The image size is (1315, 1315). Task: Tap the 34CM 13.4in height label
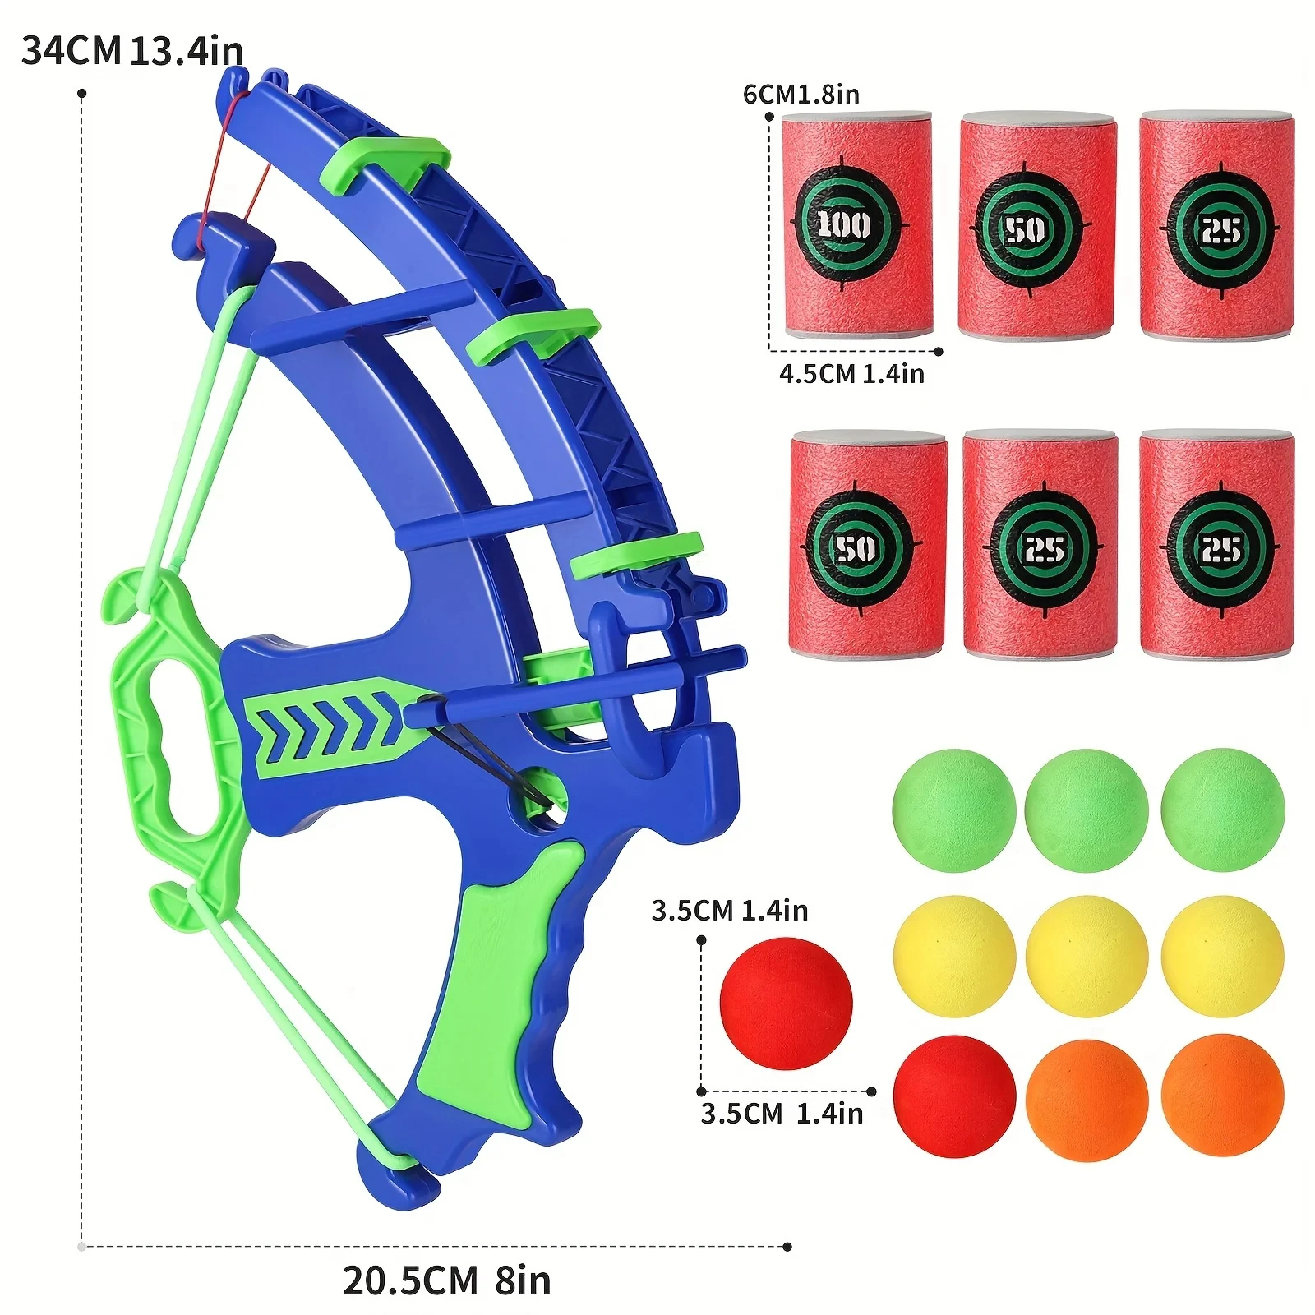pyautogui.click(x=131, y=51)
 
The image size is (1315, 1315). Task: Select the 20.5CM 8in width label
pyautogui.click(x=446, y=1280)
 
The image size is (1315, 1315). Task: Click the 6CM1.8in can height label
pyautogui.click(x=801, y=95)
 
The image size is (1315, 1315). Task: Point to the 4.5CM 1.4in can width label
pyautogui.click(x=851, y=374)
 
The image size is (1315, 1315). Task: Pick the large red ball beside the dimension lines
pyautogui.click(x=786, y=1003)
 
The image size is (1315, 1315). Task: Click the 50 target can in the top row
pyautogui.click(x=1037, y=226)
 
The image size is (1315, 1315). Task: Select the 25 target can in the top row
pyautogui.click(x=1217, y=226)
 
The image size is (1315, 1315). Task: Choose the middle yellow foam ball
pyautogui.click(x=1087, y=956)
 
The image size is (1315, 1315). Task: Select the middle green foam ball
pyautogui.click(x=1087, y=810)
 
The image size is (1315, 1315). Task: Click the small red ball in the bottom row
pyautogui.click(x=953, y=1096)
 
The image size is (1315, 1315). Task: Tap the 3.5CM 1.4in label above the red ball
pyautogui.click(x=729, y=911)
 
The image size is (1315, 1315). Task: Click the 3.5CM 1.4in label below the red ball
pyautogui.click(x=781, y=1114)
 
